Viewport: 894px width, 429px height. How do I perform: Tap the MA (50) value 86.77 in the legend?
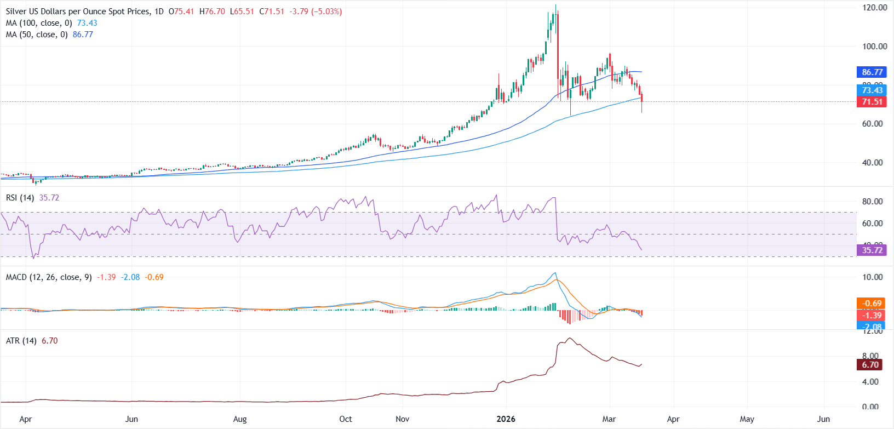[83, 35]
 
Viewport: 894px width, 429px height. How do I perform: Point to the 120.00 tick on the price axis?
[874, 8]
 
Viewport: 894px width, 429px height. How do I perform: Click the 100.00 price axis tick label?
[874, 47]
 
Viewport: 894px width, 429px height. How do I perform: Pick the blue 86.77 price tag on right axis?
[872, 72]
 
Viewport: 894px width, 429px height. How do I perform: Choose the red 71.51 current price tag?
[872, 102]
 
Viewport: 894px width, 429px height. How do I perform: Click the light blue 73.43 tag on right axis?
[872, 90]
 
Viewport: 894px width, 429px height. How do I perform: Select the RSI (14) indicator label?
[20, 198]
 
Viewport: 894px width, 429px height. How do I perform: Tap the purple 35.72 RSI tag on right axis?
[872, 250]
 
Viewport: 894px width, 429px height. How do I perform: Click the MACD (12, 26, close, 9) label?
[49, 277]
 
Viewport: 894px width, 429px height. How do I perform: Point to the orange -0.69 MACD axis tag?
[872, 304]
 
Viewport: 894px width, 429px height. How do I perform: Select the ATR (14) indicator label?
[21, 341]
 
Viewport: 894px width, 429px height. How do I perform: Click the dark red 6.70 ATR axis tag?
[870, 365]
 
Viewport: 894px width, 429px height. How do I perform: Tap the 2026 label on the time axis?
[506, 419]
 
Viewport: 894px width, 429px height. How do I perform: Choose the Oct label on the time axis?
[346, 419]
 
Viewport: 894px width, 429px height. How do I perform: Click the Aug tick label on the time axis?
[240, 419]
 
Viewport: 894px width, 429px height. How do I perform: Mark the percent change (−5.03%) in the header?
[326, 12]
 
